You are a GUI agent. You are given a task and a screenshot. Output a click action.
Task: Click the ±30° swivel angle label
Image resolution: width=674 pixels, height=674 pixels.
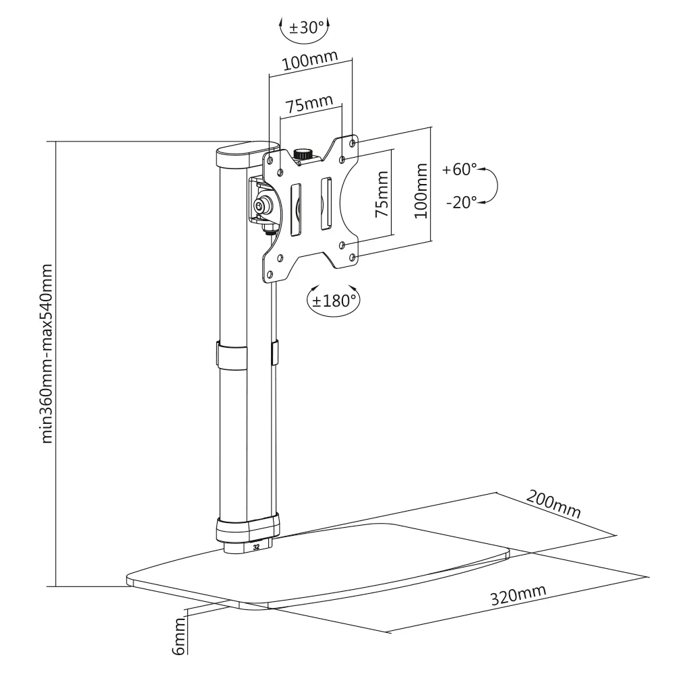pos(307,28)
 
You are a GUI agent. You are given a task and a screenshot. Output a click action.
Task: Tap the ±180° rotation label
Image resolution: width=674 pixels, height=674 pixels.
pos(334,301)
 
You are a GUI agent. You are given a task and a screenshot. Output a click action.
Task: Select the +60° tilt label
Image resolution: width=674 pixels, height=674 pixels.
pos(459,169)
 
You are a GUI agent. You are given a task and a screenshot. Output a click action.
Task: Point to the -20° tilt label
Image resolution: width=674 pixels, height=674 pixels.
pos(461,202)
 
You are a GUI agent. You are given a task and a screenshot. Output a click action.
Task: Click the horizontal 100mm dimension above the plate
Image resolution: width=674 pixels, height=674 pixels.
pos(310,60)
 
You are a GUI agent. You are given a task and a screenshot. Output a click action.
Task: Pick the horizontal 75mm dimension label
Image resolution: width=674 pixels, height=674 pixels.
pos(309,104)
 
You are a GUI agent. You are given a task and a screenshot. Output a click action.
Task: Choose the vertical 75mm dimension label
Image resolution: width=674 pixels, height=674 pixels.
pos(381,194)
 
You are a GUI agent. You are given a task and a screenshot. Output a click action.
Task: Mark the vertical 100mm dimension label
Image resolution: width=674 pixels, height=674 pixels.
pos(421,191)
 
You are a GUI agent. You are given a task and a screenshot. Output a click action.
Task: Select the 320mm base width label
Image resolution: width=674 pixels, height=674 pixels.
pos(518,595)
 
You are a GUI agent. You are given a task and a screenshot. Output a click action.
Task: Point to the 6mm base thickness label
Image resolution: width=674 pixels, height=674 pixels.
pos(179,636)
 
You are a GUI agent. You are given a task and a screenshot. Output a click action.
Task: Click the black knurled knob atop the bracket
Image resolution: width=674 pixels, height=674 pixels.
pos(303,154)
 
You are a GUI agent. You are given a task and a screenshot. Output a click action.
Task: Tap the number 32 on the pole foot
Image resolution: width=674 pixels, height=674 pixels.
pos(257,547)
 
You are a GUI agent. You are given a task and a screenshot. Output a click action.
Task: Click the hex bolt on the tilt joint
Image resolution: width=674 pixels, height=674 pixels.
pos(260,206)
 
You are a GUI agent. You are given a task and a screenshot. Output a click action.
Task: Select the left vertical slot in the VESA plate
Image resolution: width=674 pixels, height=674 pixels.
pos(296,210)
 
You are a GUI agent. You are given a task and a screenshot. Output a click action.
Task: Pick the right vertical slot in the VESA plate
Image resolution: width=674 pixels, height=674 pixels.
pos(326,202)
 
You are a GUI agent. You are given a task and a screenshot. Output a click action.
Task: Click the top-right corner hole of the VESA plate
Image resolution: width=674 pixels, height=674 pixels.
pos(353,142)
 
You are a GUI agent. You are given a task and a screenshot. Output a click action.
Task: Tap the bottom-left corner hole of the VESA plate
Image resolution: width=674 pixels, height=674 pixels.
pos(270,274)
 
